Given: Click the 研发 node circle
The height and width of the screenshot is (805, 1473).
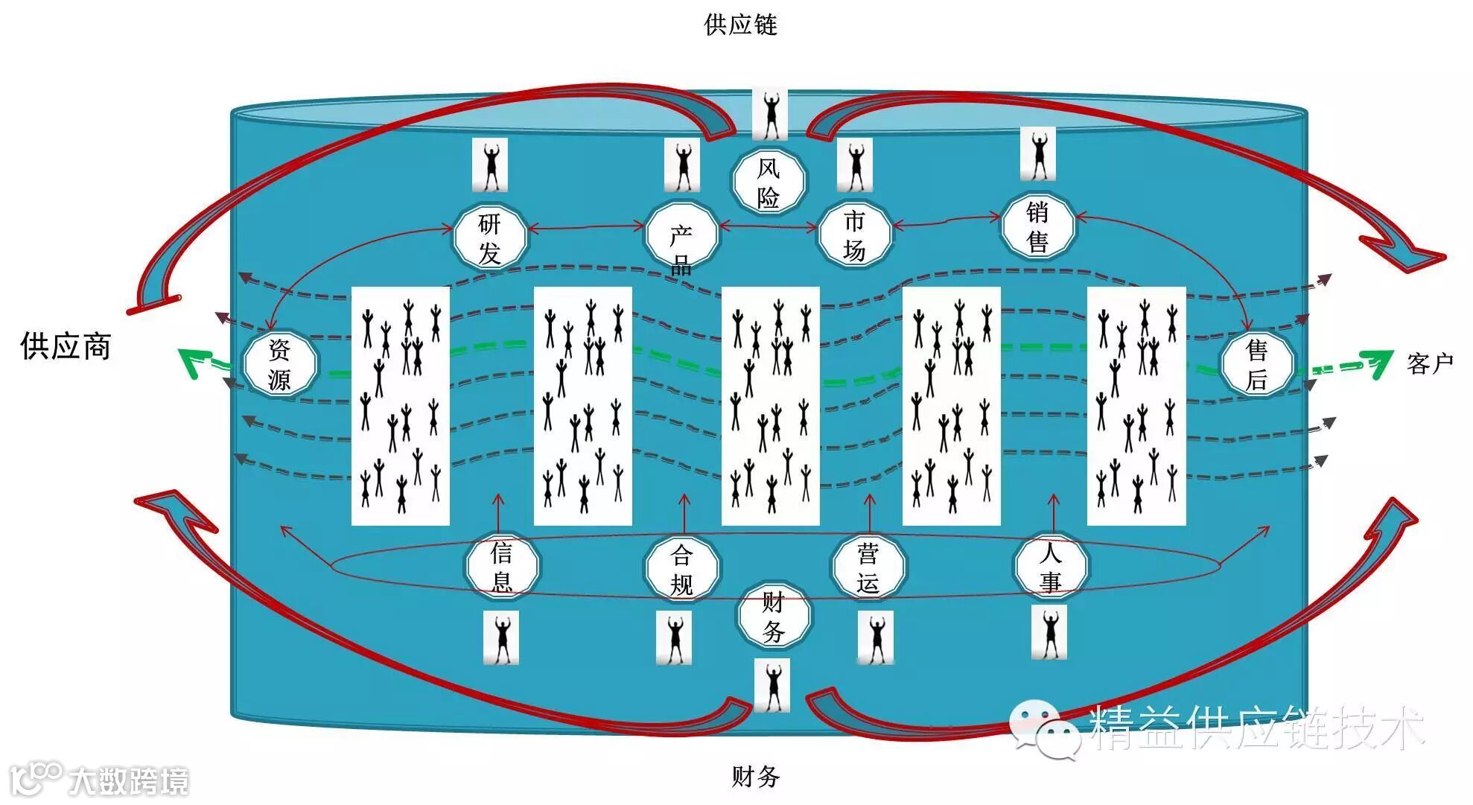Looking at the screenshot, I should pyautogui.click(x=489, y=237).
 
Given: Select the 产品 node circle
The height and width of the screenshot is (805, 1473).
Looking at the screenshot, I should pyautogui.click(x=681, y=237).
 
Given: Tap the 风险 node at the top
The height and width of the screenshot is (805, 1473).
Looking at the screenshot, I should pyautogui.click(x=768, y=182).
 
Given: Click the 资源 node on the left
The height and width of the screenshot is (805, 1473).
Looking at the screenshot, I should pyautogui.click(x=280, y=364).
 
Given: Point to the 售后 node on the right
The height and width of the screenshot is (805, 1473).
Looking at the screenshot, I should pyautogui.click(x=1257, y=364).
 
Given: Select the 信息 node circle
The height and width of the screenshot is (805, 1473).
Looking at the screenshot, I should pyautogui.click(x=501, y=566).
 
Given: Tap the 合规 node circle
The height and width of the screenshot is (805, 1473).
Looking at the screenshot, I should pyautogui.click(x=681, y=568).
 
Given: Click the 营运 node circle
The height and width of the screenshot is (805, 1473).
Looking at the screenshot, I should pyautogui.click(x=868, y=567).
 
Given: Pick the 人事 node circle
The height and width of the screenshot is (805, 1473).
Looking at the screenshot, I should pyautogui.click(x=1050, y=567).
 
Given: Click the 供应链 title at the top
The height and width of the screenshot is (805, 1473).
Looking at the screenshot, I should pyautogui.click(x=740, y=25).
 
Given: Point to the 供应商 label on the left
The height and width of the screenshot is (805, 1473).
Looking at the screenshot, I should pyautogui.click(x=66, y=346).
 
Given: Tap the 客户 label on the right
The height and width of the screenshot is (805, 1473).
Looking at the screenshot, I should pyautogui.click(x=1430, y=363).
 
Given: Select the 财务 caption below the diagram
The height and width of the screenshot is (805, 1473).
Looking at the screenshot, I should pyautogui.click(x=755, y=777).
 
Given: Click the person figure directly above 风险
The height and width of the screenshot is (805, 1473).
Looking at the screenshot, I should pyautogui.click(x=770, y=114).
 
